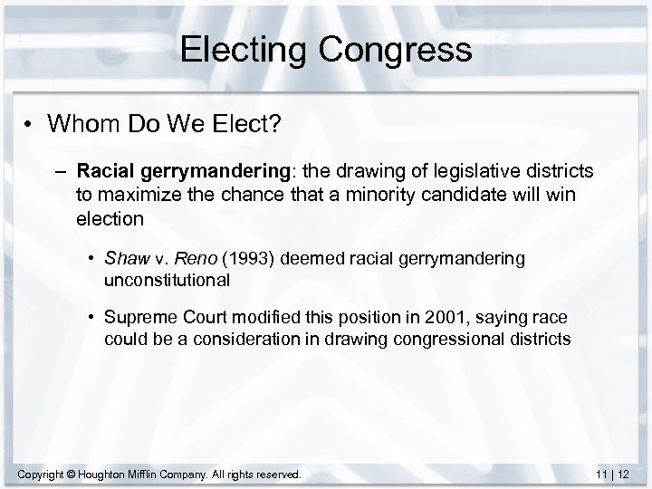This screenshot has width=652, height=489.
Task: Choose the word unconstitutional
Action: pos(168,280)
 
